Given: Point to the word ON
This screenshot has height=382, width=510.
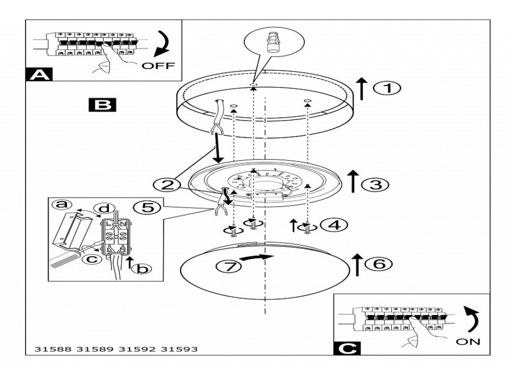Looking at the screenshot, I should click(x=467, y=341).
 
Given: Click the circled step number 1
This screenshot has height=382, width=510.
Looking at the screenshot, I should click(x=388, y=88).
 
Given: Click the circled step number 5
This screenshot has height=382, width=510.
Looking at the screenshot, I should click(x=148, y=208).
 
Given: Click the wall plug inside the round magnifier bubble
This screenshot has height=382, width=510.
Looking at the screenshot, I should click(x=274, y=44).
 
